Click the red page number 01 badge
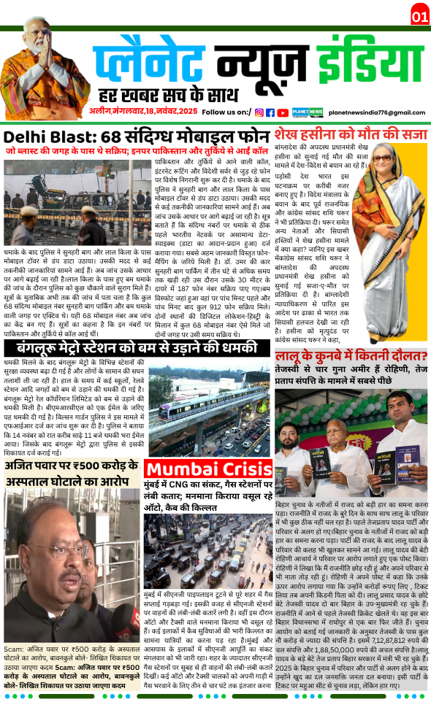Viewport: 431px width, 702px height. click(420, 15)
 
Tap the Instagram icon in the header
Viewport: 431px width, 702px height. click(259, 112)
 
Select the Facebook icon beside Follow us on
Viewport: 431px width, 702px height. click(270, 112)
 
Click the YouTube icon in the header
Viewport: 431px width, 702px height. click(281, 112)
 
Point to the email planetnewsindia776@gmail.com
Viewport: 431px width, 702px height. click(376, 112)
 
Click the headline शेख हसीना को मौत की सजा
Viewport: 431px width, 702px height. click(350, 134)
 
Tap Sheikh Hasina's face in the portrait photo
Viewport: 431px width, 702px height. click(394, 175)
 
